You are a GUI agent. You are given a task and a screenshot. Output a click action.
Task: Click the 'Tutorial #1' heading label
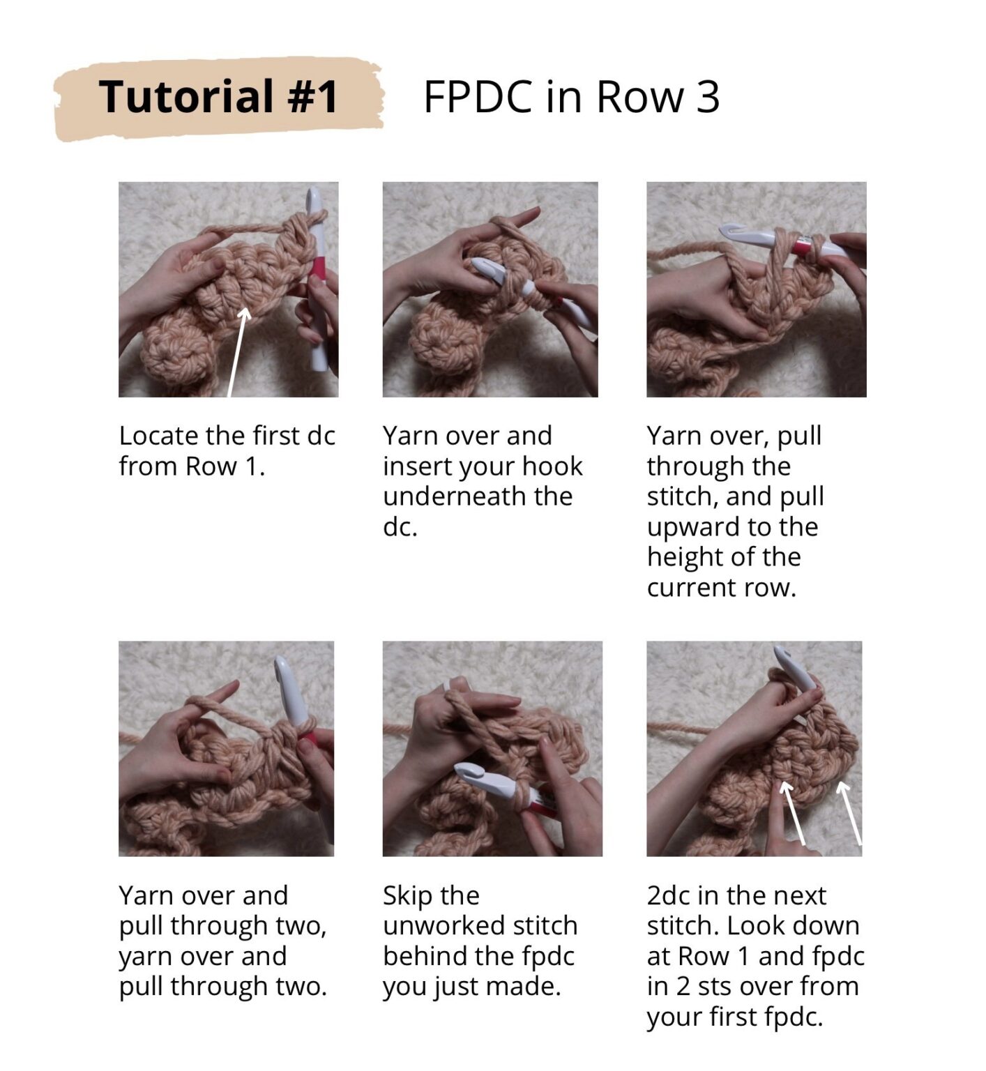pyautogui.click(x=218, y=96)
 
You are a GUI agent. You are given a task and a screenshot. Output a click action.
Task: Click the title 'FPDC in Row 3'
pyautogui.click(x=571, y=96)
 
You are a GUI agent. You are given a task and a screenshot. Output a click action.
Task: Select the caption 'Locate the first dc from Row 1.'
pyautogui.click(x=227, y=450)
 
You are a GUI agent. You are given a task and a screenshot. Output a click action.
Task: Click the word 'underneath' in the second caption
pyautogui.click(x=478, y=496)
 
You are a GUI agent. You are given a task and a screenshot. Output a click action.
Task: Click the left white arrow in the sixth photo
pyautogui.click(x=794, y=814)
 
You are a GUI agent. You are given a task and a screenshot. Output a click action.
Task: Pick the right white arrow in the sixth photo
pyautogui.click(x=850, y=814)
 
